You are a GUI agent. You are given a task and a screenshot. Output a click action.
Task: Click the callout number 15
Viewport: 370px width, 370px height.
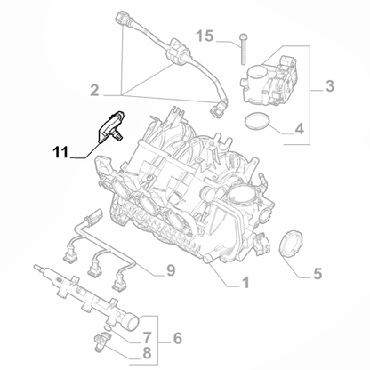coord(206,36)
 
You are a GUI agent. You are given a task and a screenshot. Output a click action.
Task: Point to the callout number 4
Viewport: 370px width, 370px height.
coord(299,129)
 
